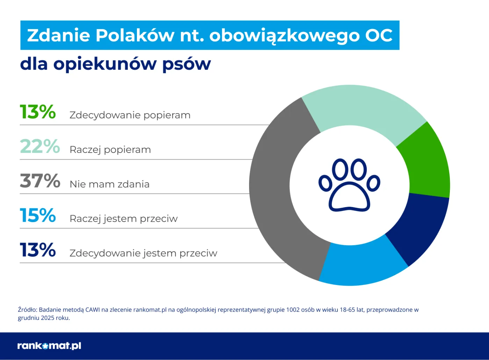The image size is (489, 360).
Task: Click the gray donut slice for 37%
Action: [x=271, y=189]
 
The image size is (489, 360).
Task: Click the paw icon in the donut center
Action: [x=349, y=185]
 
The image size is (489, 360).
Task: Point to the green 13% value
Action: [x=38, y=112]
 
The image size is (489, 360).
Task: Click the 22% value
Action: [x=40, y=146]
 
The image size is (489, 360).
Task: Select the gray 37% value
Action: [x=40, y=181]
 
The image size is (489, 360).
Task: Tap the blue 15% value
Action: [x=38, y=215]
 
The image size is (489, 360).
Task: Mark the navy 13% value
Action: [x=38, y=250]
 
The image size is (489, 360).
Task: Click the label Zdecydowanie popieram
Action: [x=130, y=115]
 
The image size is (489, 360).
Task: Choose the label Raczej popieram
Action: [x=110, y=149]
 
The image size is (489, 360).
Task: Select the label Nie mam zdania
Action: [x=110, y=184]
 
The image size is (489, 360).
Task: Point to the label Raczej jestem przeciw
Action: [x=124, y=219]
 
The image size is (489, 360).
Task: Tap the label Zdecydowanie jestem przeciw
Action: [x=143, y=253]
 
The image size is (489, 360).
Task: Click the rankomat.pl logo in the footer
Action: [x=49, y=346]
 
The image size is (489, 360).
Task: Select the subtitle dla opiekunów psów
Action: [x=115, y=64]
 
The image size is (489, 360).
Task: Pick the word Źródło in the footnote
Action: [x=27, y=310]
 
